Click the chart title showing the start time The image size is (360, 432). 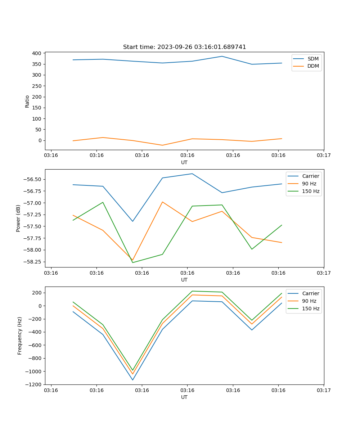184,47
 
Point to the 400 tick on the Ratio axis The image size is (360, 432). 36,53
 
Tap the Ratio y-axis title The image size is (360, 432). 27,101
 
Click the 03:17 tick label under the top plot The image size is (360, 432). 324,156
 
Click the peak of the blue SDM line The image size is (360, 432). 222,56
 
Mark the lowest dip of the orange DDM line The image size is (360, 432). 162,145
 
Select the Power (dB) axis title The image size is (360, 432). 18,218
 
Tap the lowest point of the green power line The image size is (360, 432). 132,262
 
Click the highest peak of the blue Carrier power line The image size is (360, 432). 192,174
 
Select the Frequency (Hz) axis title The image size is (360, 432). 20,336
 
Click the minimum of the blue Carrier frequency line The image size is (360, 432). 132,380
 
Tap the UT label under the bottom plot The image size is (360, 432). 184,397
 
